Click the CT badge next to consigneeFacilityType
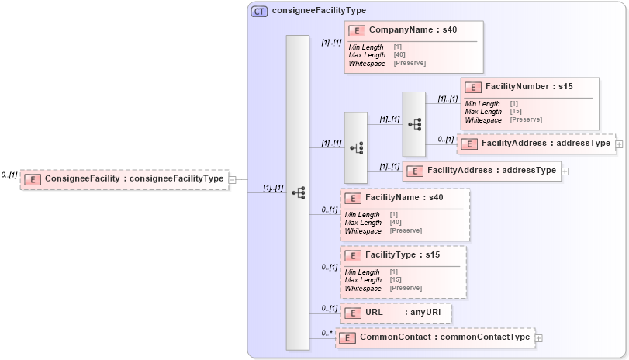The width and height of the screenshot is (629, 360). click(x=260, y=11)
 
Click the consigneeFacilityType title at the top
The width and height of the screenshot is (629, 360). click(x=319, y=11)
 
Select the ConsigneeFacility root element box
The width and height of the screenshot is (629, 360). click(x=124, y=179)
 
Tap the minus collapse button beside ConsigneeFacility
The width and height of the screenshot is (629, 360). click(x=233, y=179)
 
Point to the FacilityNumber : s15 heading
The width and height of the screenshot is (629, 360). click(x=528, y=87)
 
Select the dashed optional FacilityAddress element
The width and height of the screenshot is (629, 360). click(x=536, y=144)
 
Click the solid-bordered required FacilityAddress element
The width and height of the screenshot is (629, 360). click(x=482, y=171)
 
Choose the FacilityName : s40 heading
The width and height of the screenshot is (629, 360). click(x=404, y=198)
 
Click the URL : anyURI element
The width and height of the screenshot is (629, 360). click(x=396, y=313)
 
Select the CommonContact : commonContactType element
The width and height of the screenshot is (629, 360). click(x=435, y=337)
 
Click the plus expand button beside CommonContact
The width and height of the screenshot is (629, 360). click(x=539, y=338)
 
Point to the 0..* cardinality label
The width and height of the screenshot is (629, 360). click(x=327, y=334)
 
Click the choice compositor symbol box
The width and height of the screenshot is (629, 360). click(x=356, y=147)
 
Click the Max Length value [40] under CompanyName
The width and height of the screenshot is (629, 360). click(x=399, y=55)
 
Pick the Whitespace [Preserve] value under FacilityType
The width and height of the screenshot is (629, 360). click(x=406, y=288)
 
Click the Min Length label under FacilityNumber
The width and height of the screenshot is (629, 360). click(x=482, y=104)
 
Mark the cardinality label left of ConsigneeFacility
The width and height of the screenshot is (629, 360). click(x=9, y=175)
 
